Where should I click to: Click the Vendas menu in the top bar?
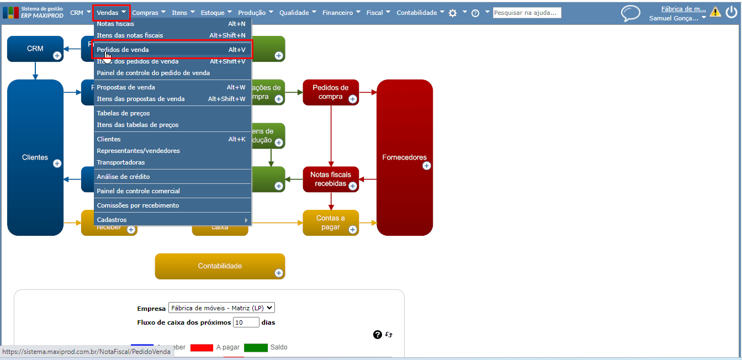pos(111,12)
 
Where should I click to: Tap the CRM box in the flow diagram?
pos(35,49)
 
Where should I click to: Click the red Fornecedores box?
pos(404,157)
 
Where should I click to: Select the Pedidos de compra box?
pos(330,92)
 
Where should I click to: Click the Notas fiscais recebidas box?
pos(330,179)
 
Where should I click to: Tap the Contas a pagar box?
pos(330,223)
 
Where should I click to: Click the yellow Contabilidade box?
pos(220,266)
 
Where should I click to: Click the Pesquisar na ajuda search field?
pos(527,13)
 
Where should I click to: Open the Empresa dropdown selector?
pos(221,308)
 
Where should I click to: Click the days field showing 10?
pos(246,322)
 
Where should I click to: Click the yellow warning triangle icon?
pos(715,12)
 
